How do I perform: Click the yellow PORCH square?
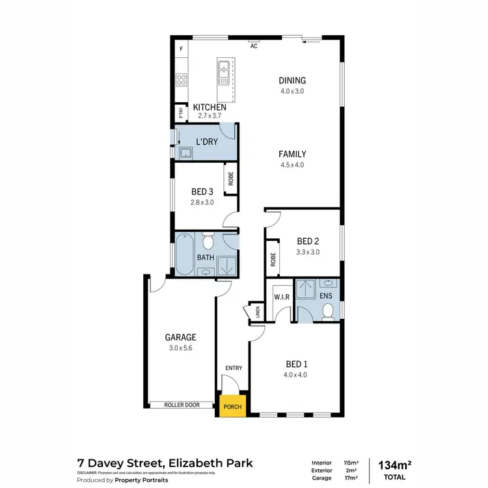[232, 407]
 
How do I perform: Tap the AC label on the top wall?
[254, 46]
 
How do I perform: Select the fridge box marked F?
[181, 49]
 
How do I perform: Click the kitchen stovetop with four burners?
[182, 81]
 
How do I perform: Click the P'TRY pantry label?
[180, 113]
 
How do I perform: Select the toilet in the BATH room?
[208, 243]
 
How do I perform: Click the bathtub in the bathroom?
[183, 254]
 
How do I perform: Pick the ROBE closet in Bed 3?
[230, 178]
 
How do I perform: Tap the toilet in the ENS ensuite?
[328, 314]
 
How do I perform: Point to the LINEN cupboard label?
[258, 312]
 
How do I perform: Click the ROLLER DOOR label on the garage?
[182, 405]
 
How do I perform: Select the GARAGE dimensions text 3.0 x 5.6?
[180, 348]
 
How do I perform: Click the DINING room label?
[292, 81]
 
